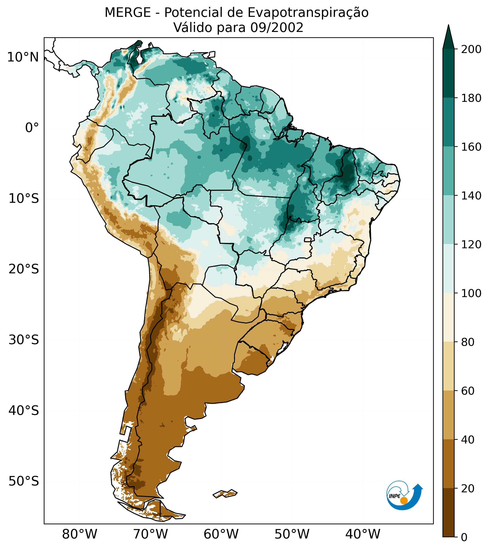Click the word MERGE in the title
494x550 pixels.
pyautogui.click(x=128, y=13)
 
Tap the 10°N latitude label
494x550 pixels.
pyautogui.click(x=23, y=57)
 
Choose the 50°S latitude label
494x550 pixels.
pyautogui.click(x=24, y=481)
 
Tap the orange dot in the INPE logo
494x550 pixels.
pyautogui.click(x=404, y=501)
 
